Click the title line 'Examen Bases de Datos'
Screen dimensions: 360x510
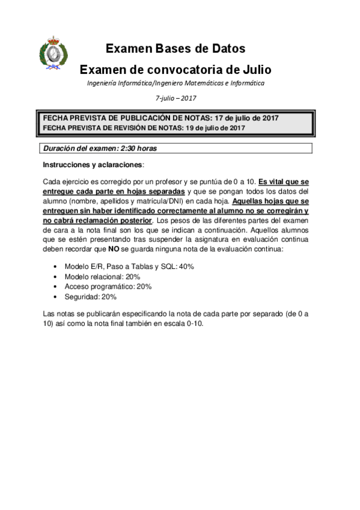pos(175,49)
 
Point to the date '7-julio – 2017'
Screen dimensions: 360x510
pos(175,97)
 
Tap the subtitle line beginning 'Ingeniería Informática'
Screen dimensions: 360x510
pos(175,83)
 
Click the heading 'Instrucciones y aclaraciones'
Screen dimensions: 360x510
pos(93,164)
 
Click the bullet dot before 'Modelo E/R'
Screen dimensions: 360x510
pos(56,266)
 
